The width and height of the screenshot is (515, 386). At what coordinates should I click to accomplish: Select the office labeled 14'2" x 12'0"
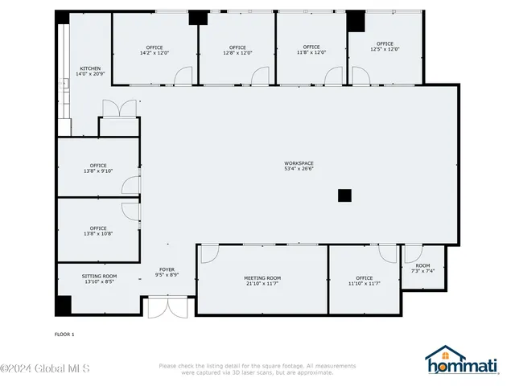click(154, 49)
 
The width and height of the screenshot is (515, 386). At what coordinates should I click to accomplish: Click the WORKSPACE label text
click(299, 166)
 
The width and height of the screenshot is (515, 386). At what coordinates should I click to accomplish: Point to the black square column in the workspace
click(344, 195)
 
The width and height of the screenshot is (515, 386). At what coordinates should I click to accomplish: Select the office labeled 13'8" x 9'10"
click(98, 168)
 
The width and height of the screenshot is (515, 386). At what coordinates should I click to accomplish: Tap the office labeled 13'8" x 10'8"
click(98, 231)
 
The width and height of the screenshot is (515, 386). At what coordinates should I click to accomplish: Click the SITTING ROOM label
click(99, 278)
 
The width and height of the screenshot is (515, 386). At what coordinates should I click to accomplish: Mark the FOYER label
click(167, 272)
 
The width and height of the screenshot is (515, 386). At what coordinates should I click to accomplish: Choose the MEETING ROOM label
click(262, 281)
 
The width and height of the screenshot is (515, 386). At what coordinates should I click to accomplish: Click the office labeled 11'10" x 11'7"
click(365, 281)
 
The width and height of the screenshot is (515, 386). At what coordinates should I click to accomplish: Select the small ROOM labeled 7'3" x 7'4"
click(422, 268)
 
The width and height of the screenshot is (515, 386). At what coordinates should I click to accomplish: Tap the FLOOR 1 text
click(64, 334)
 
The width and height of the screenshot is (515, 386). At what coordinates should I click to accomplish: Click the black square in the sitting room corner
click(63, 306)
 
